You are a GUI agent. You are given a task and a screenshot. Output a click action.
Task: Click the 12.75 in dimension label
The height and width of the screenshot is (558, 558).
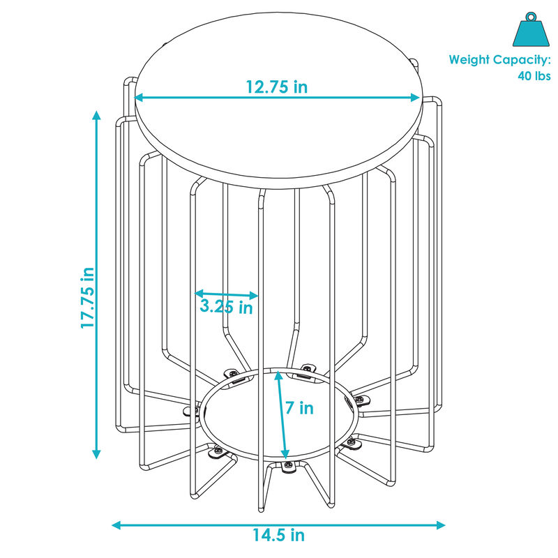click(276, 87)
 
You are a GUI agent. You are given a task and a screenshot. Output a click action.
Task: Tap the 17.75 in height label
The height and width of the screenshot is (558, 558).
click(88, 297)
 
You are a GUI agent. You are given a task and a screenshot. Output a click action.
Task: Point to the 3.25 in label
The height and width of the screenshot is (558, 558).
click(226, 307)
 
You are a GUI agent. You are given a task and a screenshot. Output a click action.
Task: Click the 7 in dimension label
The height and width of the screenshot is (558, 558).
click(301, 408)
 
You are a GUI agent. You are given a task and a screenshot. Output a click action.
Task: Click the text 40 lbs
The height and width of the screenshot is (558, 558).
click(534, 76)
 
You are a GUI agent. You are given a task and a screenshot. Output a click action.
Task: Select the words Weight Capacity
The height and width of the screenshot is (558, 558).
click(499, 60)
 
